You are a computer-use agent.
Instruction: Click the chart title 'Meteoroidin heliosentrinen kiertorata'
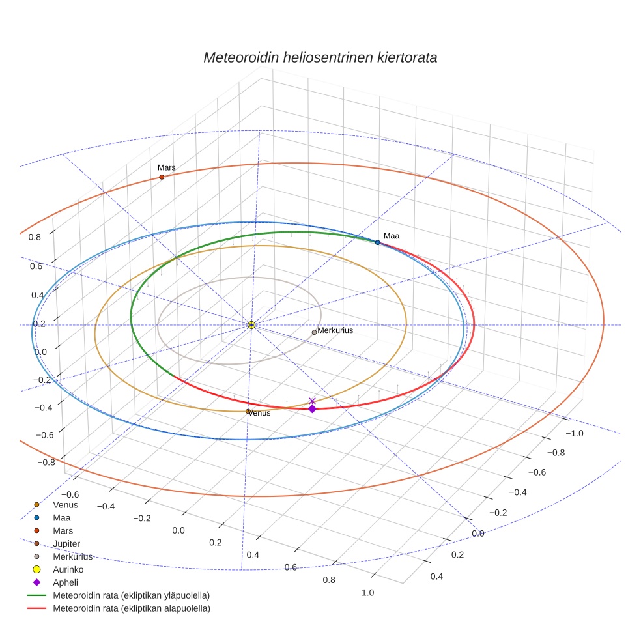pos(320,57)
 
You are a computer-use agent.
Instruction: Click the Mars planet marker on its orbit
pos(162,177)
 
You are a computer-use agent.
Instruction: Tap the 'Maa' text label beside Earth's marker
pos(391,236)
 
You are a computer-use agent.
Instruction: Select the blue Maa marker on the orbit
pos(378,242)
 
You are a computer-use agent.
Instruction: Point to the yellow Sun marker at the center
pos(252,324)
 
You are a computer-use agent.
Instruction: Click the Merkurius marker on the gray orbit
pos(314,332)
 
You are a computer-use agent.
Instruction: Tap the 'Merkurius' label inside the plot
pos(335,330)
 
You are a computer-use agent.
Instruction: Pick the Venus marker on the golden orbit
pos(248,411)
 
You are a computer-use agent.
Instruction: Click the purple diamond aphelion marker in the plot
pos(312,409)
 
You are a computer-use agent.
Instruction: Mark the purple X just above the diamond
pos(312,401)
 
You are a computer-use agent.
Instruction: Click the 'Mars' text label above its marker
pos(167,168)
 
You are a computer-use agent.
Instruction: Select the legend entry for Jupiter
pos(67,543)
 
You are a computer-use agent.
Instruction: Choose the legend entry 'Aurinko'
pos(68,569)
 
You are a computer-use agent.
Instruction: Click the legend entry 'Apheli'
pos(64,582)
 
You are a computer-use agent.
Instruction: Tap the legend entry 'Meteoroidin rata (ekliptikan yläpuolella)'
pos(131,595)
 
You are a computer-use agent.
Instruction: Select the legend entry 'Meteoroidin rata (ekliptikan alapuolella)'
pos(131,608)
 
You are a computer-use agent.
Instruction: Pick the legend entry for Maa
pos(61,517)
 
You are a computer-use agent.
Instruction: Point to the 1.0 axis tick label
pos(367,592)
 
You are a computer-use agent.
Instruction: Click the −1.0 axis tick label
pos(573,434)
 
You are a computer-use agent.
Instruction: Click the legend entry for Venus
pos(65,504)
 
